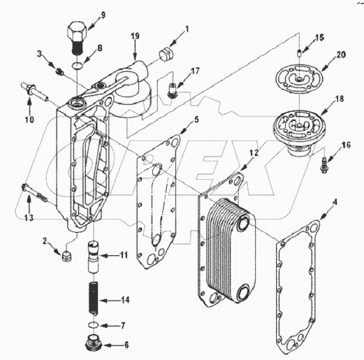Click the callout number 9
103,15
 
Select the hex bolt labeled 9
76,35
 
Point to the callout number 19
135,36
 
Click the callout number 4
335,203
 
